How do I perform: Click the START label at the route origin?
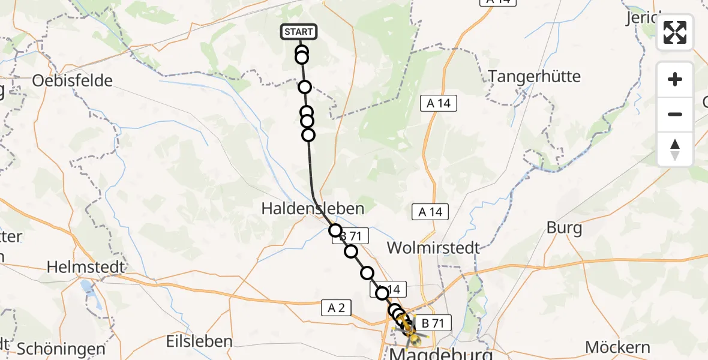point(298,32)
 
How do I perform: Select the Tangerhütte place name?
point(535,76)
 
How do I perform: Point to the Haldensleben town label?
point(313,208)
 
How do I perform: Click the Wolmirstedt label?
point(433,247)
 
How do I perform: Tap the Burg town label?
point(564,228)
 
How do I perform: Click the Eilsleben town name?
point(199,341)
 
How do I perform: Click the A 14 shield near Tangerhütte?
point(438,103)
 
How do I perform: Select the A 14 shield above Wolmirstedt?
point(430,211)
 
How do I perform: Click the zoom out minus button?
point(675,114)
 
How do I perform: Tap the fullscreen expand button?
point(675,32)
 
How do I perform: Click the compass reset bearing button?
point(675,149)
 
